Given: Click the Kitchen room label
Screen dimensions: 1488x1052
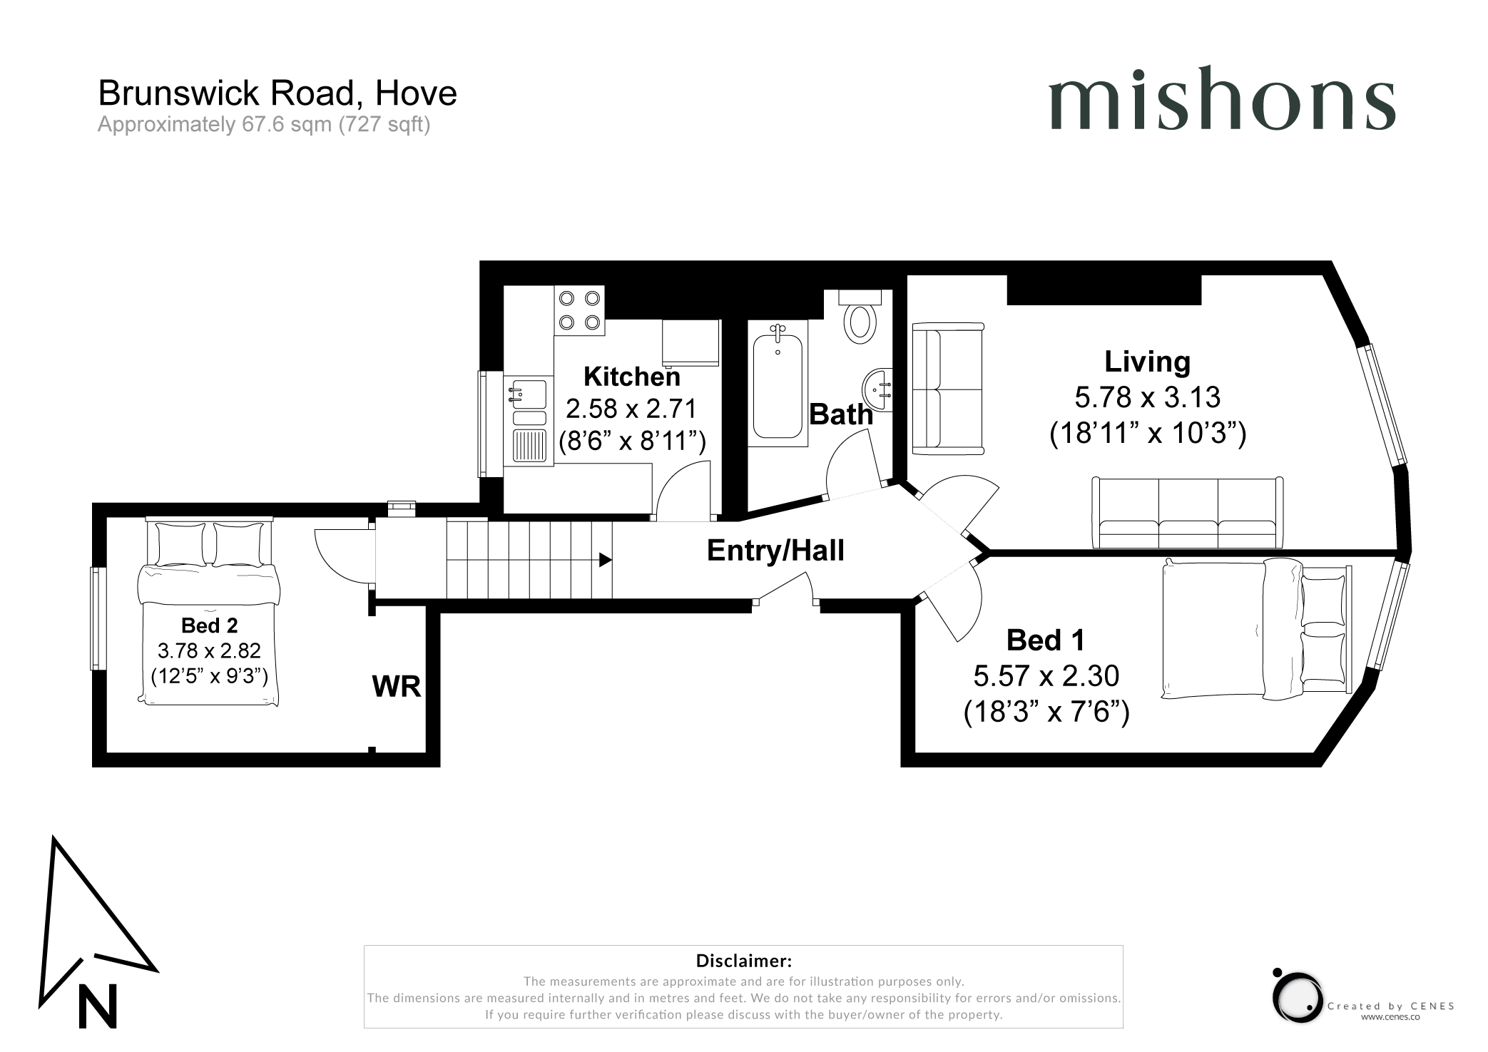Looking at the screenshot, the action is [x=631, y=377].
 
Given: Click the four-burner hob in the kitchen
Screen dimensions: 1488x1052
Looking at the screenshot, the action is [x=579, y=310].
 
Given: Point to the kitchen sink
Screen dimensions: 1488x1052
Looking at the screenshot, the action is [x=529, y=421].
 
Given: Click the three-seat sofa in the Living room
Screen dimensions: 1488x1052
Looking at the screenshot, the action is [x=1188, y=512].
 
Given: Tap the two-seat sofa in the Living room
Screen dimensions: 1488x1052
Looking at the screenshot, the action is [x=948, y=389].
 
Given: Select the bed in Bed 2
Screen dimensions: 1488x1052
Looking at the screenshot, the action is [x=209, y=611].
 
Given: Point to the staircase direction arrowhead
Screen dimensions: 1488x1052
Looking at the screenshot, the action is [x=606, y=560].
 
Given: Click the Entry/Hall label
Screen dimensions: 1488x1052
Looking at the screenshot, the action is [x=775, y=551].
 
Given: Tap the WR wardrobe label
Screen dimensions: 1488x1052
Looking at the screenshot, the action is [x=397, y=686].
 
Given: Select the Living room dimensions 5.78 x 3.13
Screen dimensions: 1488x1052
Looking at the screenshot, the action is [x=1147, y=397].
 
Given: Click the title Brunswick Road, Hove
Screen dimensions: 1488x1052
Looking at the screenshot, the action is [x=277, y=93].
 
